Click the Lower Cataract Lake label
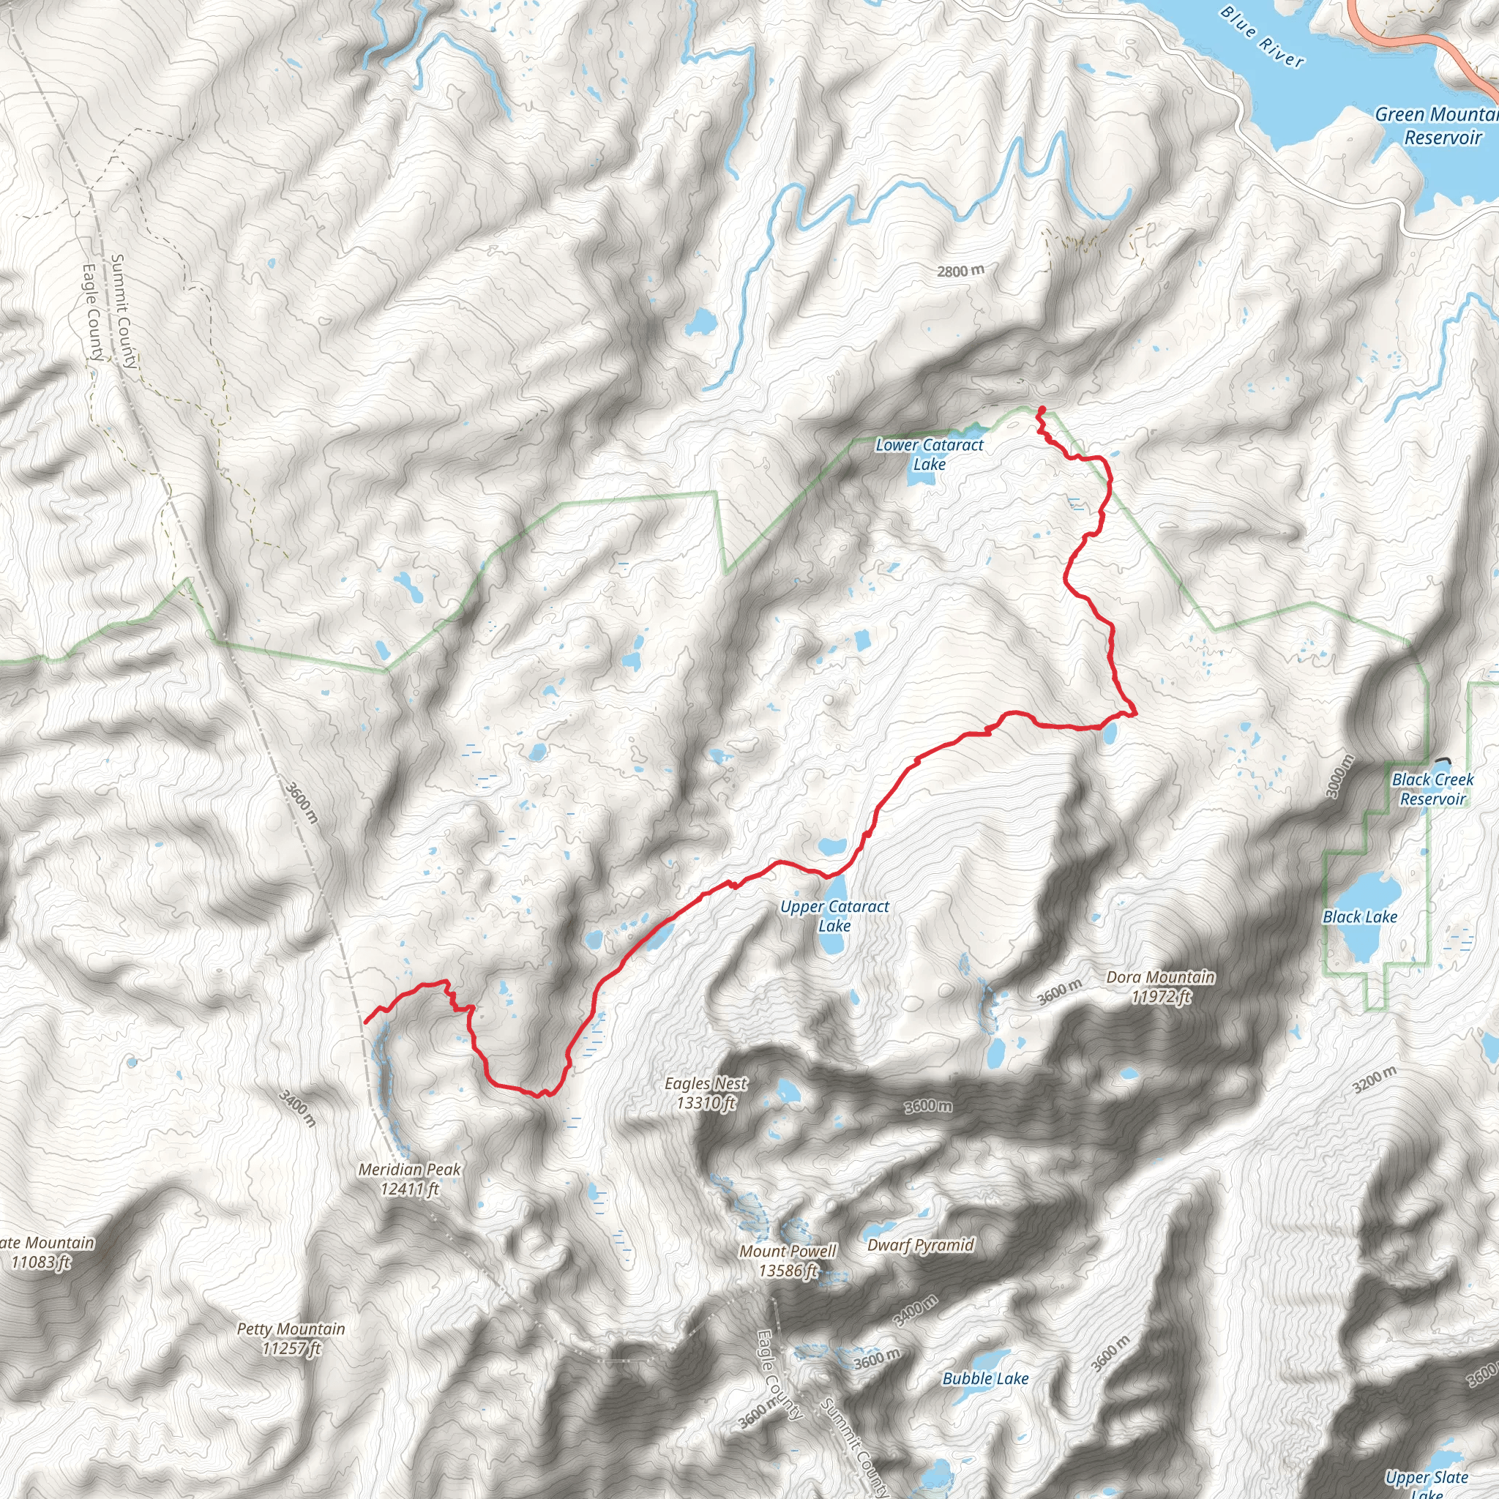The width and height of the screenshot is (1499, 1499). (929, 455)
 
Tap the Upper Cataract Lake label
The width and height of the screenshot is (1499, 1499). (834, 916)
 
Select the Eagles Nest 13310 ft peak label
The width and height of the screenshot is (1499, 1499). (706, 1093)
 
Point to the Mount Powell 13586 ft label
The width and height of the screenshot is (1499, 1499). (788, 1261)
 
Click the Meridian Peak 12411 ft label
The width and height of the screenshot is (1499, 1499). (410, 1178)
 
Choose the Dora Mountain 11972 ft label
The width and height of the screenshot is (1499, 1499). (1161, 986)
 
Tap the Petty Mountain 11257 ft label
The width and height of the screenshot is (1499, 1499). (291, 1339)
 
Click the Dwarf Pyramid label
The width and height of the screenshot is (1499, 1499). (920, 1244)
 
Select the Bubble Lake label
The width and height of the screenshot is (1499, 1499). (985, 1379)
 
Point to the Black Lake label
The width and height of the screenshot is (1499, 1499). (1360, 917)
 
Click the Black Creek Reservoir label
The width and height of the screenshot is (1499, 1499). (1433, 789)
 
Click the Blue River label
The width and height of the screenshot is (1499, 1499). (1263, 37)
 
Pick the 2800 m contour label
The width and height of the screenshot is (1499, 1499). (960, 271)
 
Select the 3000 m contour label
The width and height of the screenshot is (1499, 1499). (1340, 776)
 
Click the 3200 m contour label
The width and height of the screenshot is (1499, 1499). (1374, 1080)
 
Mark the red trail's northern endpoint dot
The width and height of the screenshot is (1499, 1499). (1042, 410)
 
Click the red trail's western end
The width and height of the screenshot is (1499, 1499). (365, 1023)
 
